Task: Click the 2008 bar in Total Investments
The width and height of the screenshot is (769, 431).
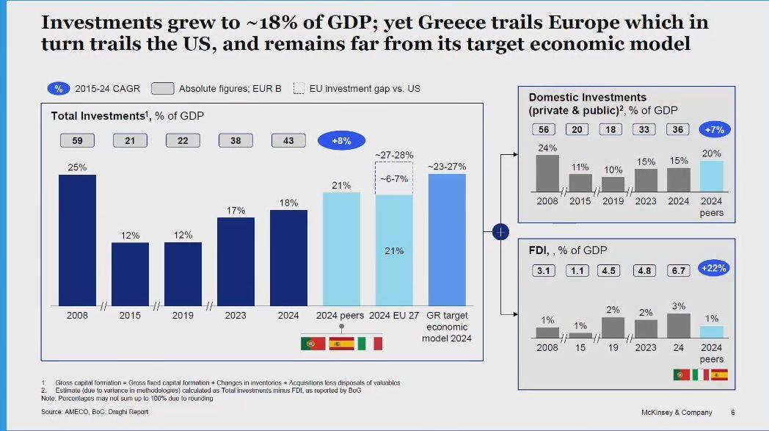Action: point(77,239)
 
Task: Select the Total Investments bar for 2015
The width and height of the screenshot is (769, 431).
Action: point(130,273)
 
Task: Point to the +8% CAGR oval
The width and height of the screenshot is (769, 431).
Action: point(341,140)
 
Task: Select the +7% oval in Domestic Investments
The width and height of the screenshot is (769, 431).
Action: point(714,129)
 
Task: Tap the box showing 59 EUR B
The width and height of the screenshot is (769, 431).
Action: point(77,140)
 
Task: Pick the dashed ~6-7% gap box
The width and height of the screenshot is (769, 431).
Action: point(394,178)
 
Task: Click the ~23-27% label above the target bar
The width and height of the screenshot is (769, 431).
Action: point(447,167)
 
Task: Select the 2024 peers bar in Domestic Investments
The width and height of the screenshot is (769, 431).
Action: point(711,176)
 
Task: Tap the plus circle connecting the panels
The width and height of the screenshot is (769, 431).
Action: point(500,232)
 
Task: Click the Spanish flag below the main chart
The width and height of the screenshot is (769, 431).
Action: point(341,343)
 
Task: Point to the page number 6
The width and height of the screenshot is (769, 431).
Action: point(732,413)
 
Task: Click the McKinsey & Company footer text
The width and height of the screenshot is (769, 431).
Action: point(677,413)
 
